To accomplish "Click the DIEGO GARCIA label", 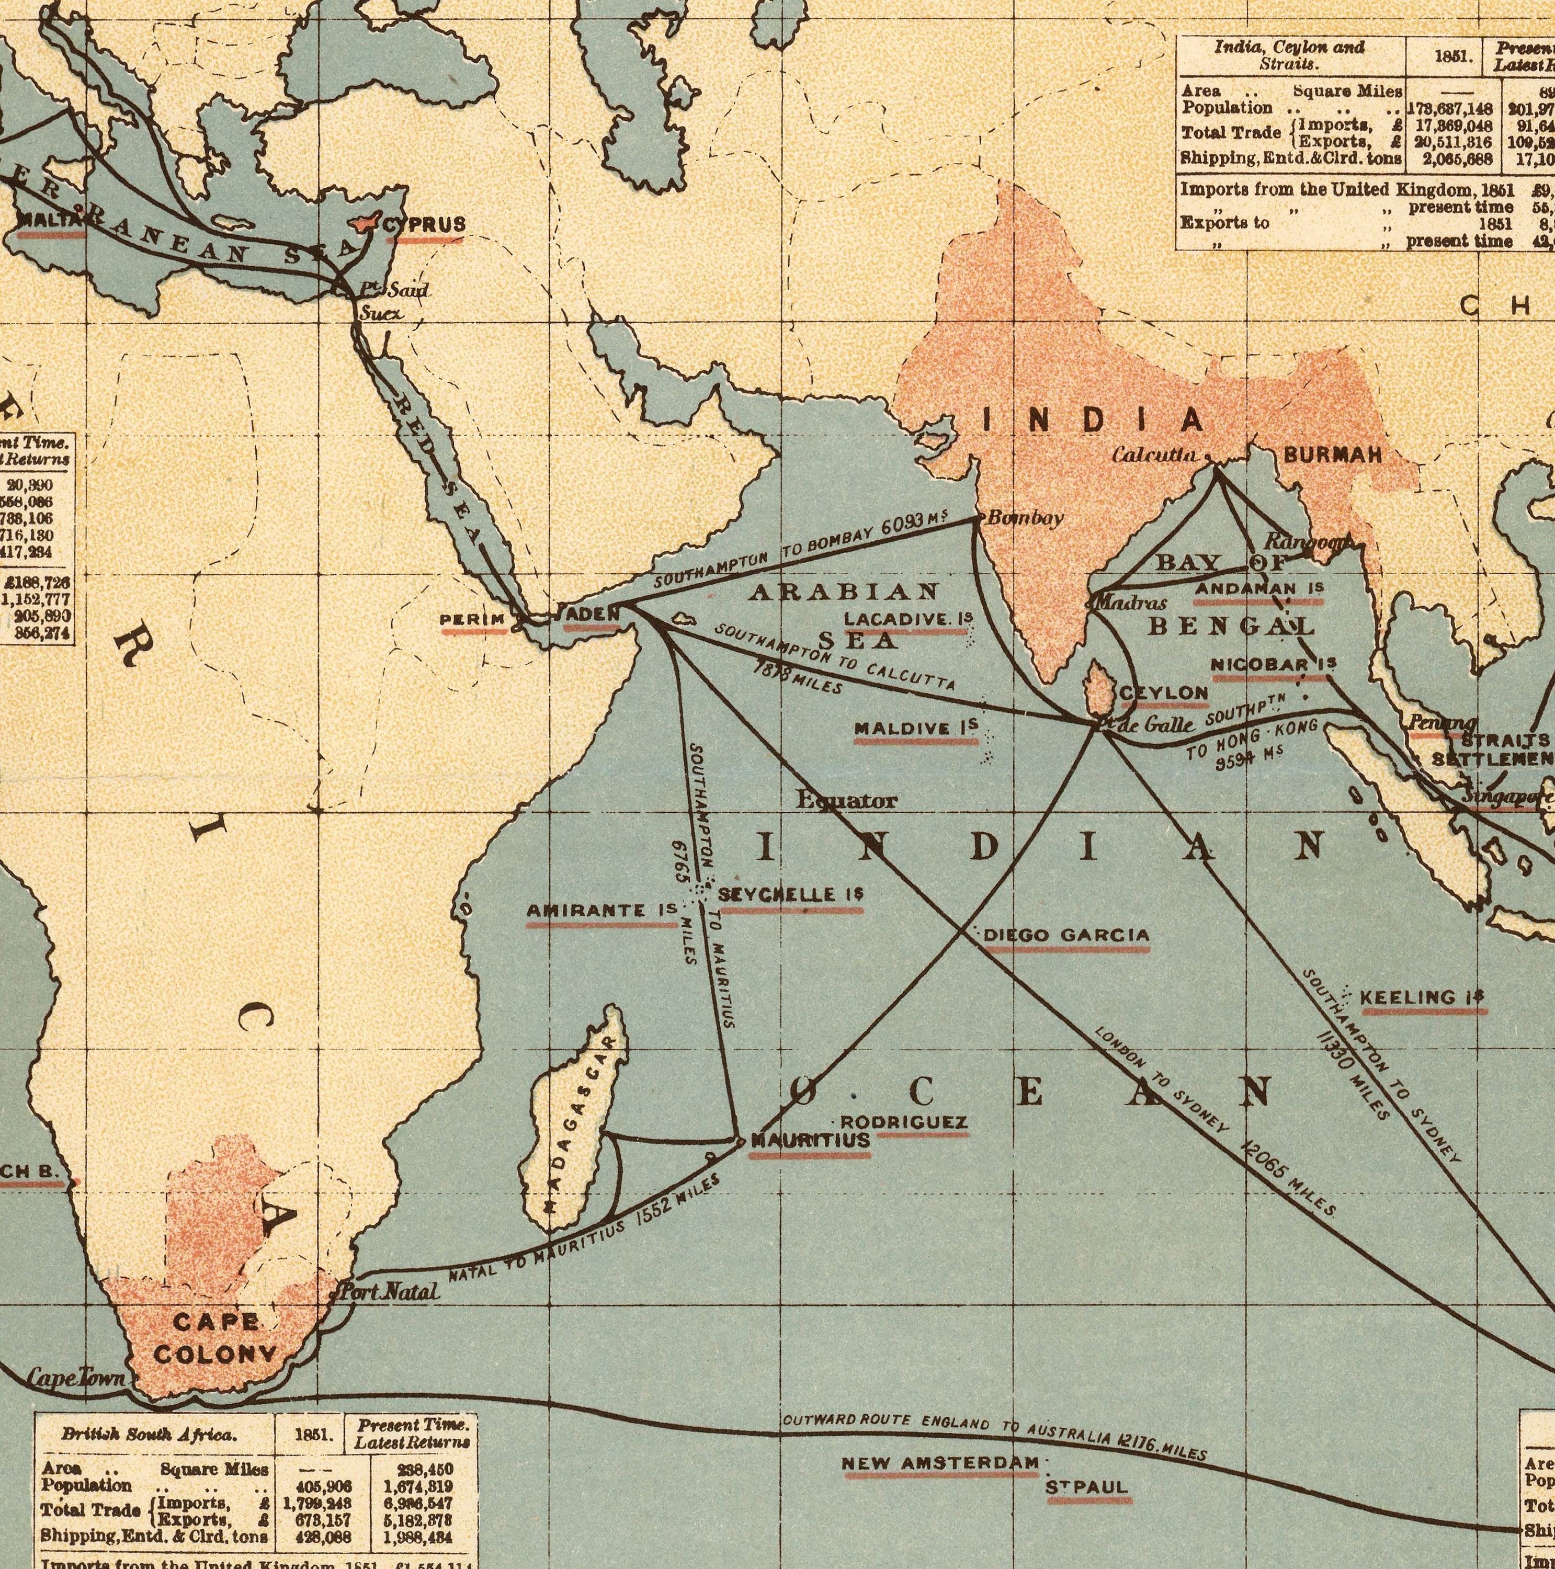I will tap(1066, 936).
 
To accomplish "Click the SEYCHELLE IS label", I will tap(791, 895).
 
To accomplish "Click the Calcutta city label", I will tap(1155, 456).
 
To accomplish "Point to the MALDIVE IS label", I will tap(916, 727).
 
